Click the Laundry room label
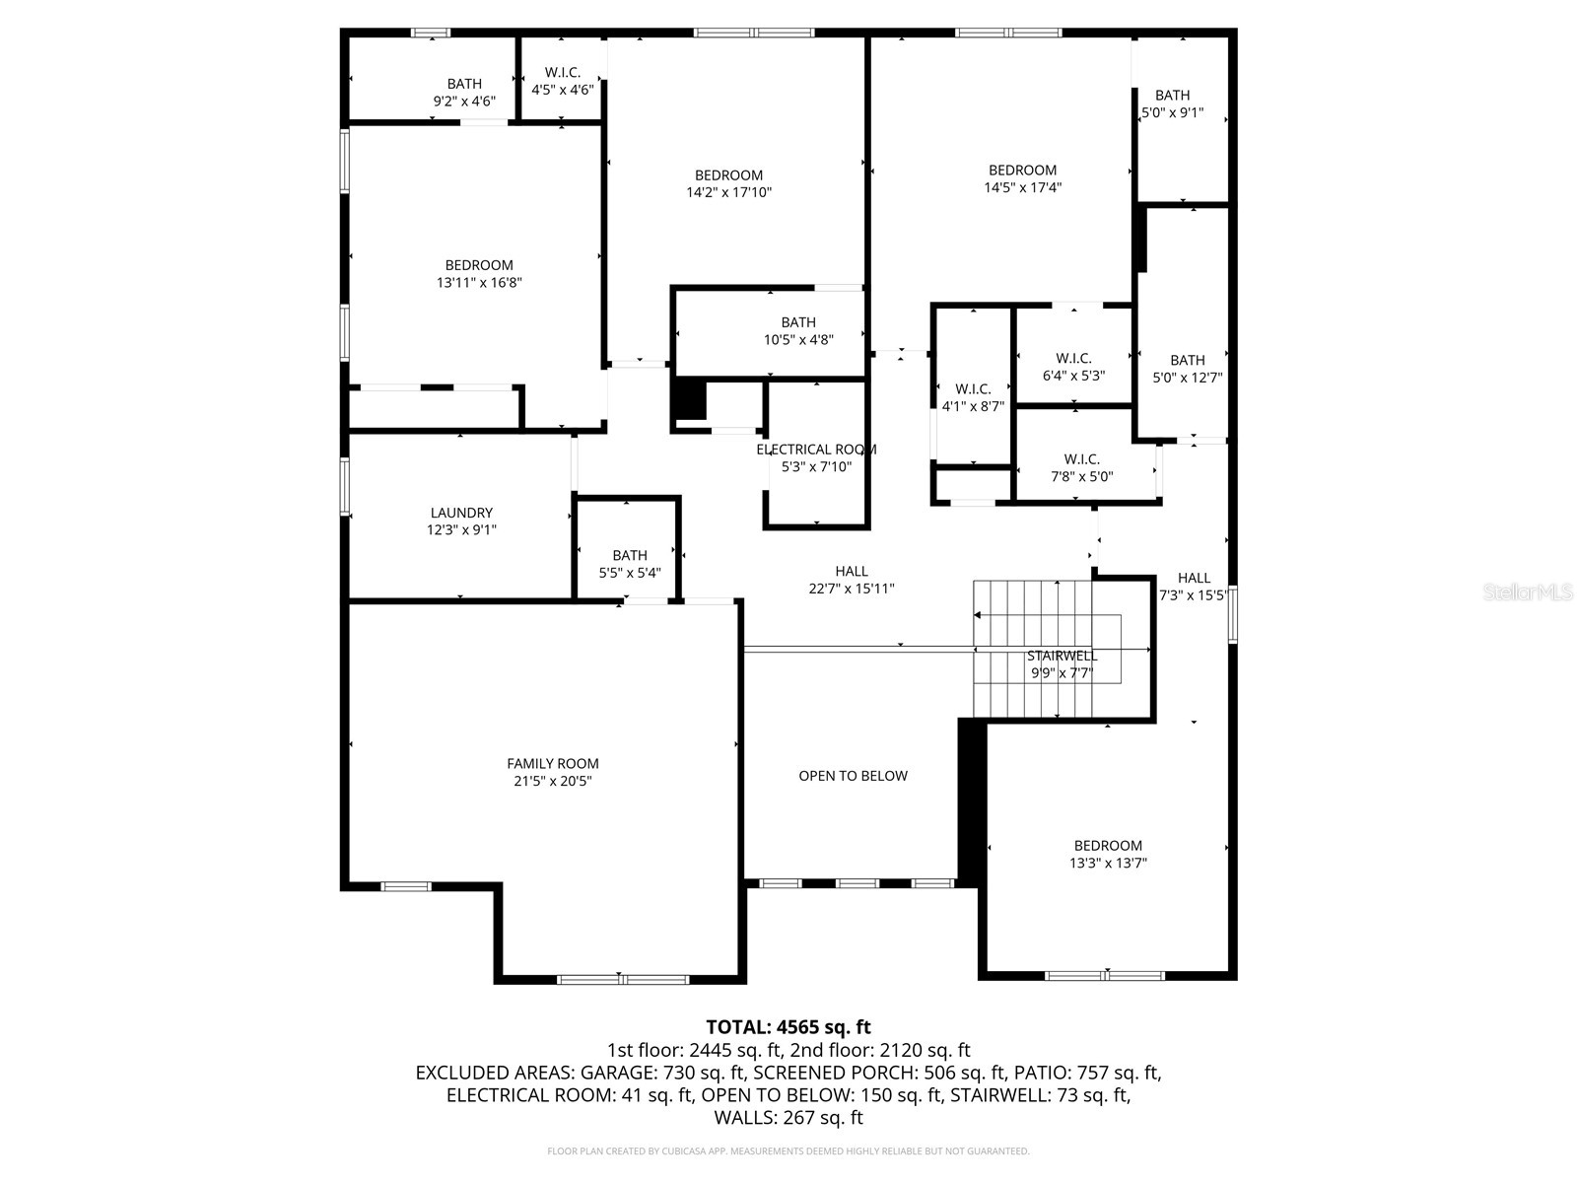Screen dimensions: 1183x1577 pyautogui.click(x=461, y=513)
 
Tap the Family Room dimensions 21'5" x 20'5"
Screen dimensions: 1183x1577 pyautogui.click(x=552, y=781)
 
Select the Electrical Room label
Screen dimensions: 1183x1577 pyautogui.click(x=816, y=450)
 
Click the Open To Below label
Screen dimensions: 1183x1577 pyautogui.click(x=853, y=776)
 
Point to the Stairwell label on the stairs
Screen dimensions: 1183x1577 pyautogui.click(x=1062, y=656)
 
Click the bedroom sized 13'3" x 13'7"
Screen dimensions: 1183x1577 pyautogui.click(x=1108, y=854)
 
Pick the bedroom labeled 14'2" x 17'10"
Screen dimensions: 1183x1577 pyautogui.click(x=728, y=183)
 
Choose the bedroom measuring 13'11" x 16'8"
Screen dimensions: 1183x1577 pyautogui.click(x=479, y=273)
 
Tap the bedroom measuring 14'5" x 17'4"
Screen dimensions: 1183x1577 pyautogui.click(x=1022, y=178)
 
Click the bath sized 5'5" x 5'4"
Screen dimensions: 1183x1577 pyautogui.click(x=630, y=563)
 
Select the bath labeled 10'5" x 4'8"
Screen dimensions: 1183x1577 pyautogui.click(x=798, y=330)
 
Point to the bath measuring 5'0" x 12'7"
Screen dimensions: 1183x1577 pyautogui.click(x=1188, y=368)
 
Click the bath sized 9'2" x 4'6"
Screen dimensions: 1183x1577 pyautogui.click(x=464, y=92)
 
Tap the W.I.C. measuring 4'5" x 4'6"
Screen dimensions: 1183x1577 pyautogui.click(x=562, y=81)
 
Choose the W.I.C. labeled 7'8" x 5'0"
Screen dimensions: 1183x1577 pyautogui.click(x=1081, y=467)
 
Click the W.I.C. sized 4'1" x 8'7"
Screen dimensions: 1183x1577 pyautogui.click(x=973, y=397)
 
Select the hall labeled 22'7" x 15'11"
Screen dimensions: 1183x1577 pyautogui.click(x=852, y=580)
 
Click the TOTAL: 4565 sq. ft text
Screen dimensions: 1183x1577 pyautogui.click(x=788, y=1027)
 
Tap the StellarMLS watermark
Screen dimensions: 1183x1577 pyautogui.click(x=1528, y=592)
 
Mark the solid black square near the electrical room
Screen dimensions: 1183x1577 pyautogui.click(x=690, y=399)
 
